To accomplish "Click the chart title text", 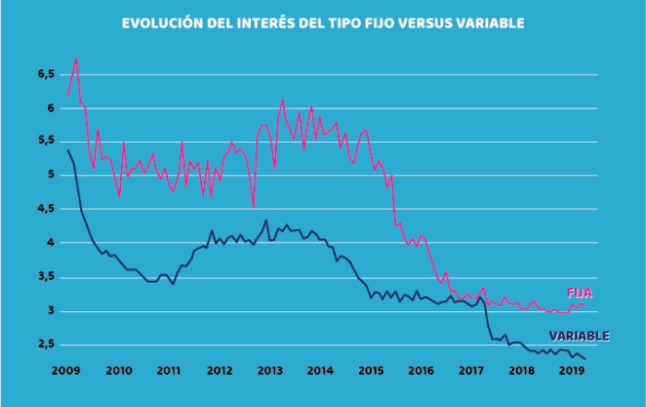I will coord(323,22).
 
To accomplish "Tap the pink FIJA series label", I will coord(578,293).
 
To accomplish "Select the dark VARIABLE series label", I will coord(579,336).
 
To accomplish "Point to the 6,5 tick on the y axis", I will coord(46,73).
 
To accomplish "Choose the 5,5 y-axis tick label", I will coord(46,140).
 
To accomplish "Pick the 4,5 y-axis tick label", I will coord(46,209).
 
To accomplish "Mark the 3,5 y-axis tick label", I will coord(46,276).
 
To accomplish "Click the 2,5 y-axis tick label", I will coord(46,343).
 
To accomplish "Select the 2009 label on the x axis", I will coord(66,370).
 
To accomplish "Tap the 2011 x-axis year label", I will coord(167,370).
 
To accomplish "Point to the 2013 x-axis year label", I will coord(269,370).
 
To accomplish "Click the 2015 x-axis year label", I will coord(370,370).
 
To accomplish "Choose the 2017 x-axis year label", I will coord(472,370).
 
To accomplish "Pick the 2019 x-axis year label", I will coord(571,370).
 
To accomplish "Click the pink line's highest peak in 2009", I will coord(76,57).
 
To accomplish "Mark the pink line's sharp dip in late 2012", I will coord(253,207).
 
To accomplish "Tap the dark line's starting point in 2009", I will coord(67,150).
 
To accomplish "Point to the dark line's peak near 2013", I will coord(267,220).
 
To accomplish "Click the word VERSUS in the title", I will coord(418,22).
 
